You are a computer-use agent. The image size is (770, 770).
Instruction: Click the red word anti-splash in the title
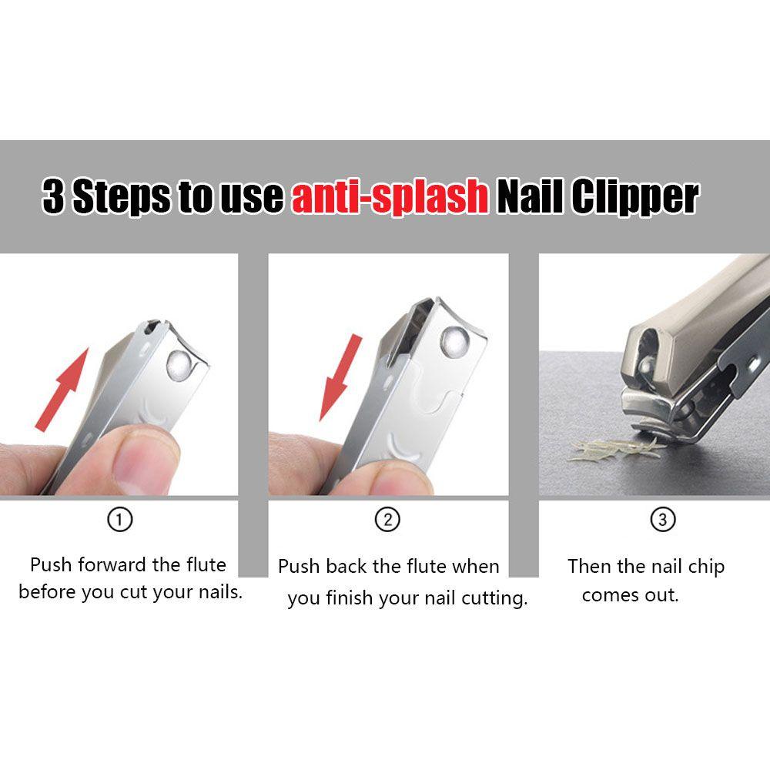390,196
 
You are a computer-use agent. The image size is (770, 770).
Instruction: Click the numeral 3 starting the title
54,196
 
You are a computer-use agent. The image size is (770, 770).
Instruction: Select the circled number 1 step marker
120,520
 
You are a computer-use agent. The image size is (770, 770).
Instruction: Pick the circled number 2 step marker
387,520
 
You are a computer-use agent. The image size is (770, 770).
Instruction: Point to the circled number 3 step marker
663,520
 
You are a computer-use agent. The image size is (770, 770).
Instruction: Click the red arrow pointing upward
63,390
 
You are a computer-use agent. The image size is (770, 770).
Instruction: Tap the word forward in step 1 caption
112,564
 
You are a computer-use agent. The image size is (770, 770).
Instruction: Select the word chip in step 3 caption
706,567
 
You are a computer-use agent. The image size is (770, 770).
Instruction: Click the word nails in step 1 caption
220,591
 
